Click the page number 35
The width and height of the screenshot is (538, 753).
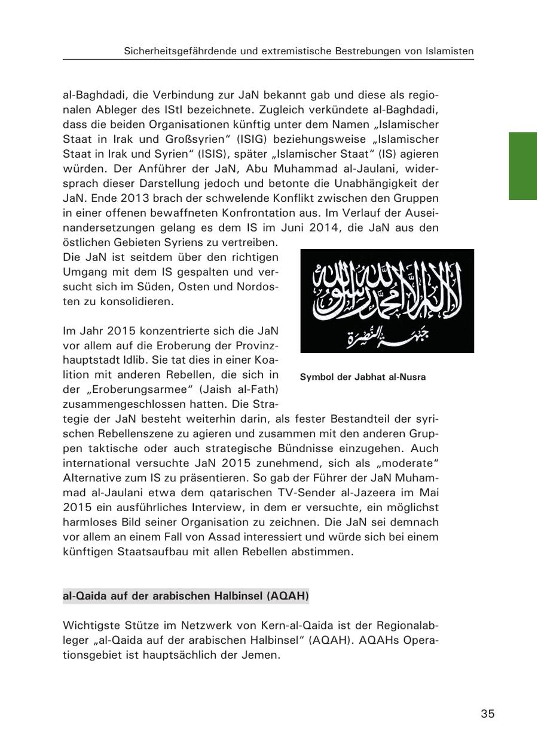(x=487, y=714)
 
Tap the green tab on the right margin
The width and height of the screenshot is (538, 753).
(x=523, y=166)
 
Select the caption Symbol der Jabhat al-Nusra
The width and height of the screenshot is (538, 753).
(x=363, y=377)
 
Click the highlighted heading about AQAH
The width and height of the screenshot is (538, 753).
(x=185, y=596)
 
